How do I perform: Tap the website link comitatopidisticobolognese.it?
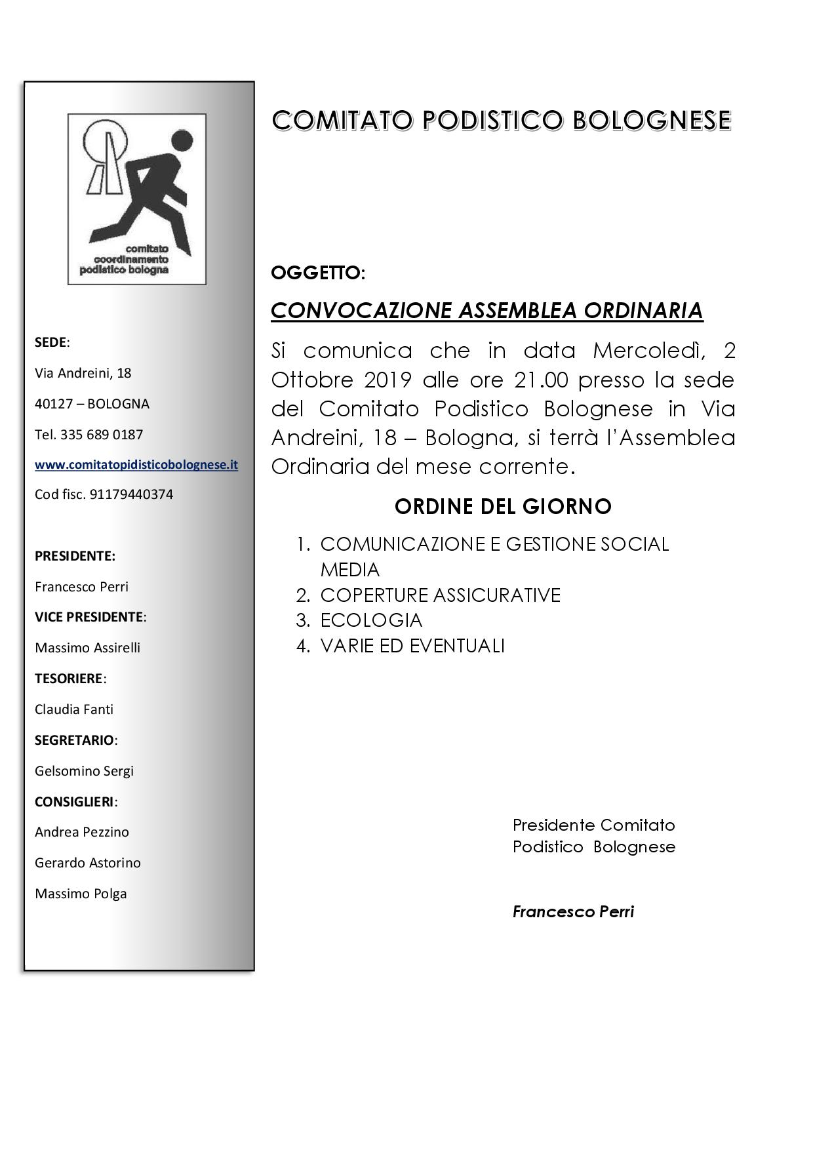[x=136, y=465]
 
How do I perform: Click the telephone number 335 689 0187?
[x=102, y=435]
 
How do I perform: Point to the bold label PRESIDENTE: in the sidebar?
[x=75, y=556]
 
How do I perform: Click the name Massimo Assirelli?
[x=87, y=648]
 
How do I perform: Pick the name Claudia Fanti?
[x=74, y=709]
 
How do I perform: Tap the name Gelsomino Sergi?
[x=84, y=771]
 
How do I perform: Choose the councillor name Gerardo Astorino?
[x=88, y=863]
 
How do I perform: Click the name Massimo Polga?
[x=81, y=894]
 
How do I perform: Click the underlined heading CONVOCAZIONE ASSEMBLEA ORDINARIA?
[x=486, y=310]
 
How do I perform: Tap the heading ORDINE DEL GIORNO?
[x=503, y=507]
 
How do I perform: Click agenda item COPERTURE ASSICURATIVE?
[x=440, y=595]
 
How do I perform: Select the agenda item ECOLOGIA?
[x=371, y=620]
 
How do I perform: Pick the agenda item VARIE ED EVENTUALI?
[x=412, y=646]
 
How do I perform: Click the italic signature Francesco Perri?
[x=573, y=912]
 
